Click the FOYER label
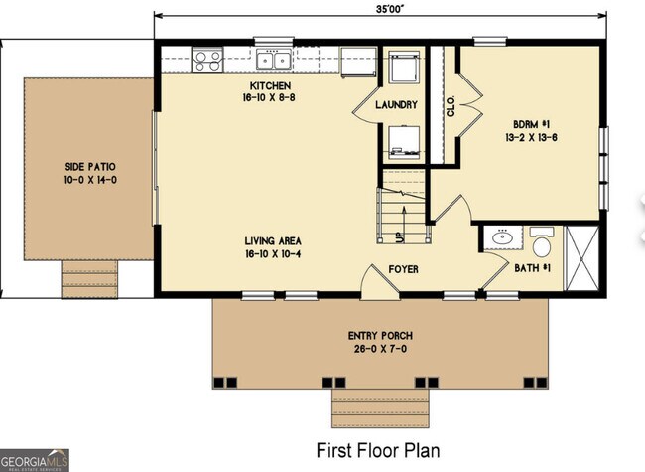[402, 268]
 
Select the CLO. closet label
[451, 107]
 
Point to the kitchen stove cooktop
[208, 60]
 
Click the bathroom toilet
[542, 242]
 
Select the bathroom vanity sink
[502, 238]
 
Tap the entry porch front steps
[380, 406]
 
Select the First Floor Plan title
[377, 450]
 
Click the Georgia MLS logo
[35, 460]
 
